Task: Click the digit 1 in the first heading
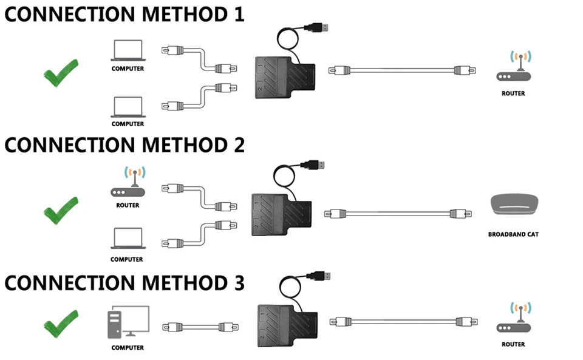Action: click(x=239, y=14)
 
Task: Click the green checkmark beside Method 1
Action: click(x=61, y=73)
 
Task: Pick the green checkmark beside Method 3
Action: click(x=61, y=324)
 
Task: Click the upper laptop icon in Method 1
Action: click(x=128, y=50)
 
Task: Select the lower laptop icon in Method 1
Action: click(x=128, y=107)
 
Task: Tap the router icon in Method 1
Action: click(x=514, y=66)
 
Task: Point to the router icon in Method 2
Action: click(x=128, y=182)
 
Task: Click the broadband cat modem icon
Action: click(x=514, y=205)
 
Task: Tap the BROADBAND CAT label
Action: click(x=514, y=234)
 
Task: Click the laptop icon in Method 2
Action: click(x=128, y=238)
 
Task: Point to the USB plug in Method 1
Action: click(x=316, y=27)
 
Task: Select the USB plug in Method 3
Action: click(x=318, y=276)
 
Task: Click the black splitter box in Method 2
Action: click(x=281, y=215)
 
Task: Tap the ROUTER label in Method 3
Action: click(x=514, y=344)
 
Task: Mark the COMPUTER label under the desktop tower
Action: click(x=128, y=348)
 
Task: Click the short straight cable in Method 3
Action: click(x=200, y=327)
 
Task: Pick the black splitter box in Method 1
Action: click(x=285, y=77)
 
